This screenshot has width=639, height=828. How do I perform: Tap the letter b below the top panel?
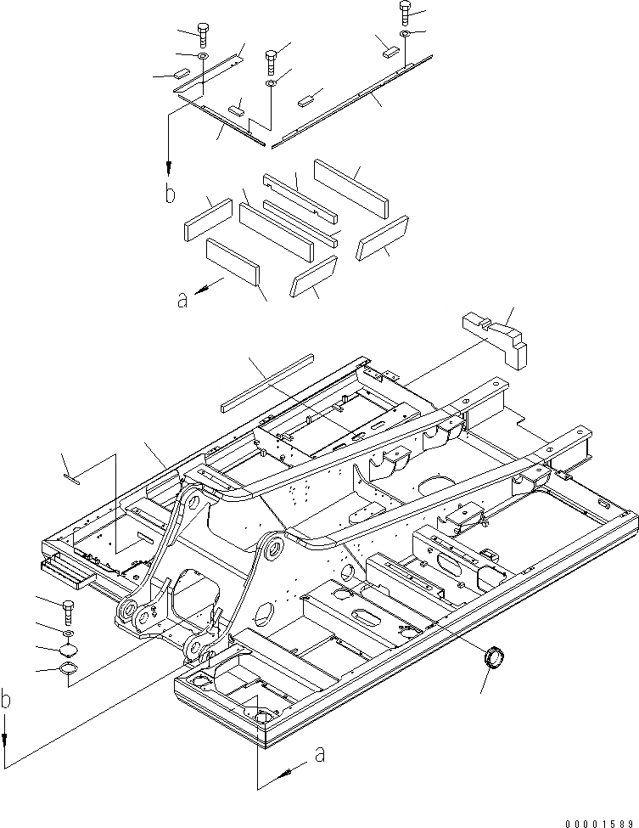coord(170,194)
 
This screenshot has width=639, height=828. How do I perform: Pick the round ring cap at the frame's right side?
coord(493,658)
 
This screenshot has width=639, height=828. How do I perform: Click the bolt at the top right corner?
coord(403,12)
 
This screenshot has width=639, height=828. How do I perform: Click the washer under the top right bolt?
coord(405,34)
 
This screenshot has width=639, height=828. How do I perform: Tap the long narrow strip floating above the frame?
coord(267,382)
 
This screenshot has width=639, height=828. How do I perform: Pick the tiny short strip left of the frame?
coord(72,479)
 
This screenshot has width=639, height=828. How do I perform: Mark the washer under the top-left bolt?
coord(204,57)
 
